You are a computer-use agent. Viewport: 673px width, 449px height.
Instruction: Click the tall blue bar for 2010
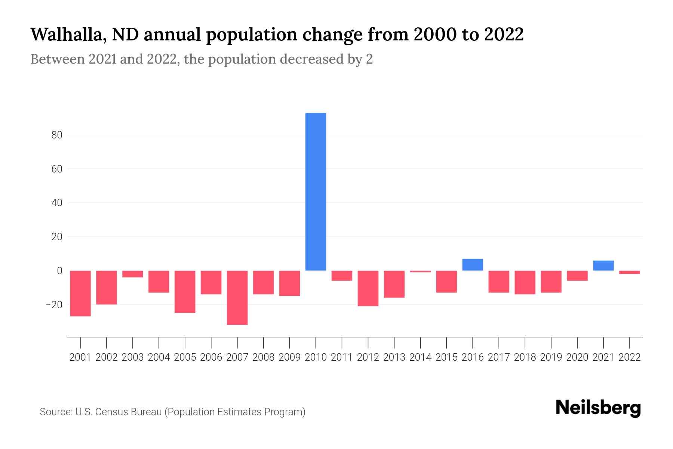pyautogui.click(x=316, y=192)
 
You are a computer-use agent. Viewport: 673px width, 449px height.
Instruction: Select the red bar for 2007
pyautogui.click(x=237, y=297)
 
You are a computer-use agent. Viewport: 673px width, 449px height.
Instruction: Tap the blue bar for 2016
pyautogui.click(x=473, y=265)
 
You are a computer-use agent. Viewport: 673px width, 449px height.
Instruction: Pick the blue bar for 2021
pyautogui.click(x=603, y=266)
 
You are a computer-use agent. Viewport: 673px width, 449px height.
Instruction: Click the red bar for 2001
pyautogui.click(x=80, y=293)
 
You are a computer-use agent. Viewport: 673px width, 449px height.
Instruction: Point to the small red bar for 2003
pyautogui.click(x=133, y=274)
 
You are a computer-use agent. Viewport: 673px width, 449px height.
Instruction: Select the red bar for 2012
pyautogui.click(x=368, y=288)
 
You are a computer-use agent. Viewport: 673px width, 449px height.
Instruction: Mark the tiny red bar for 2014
pyautogui.click(x=420, y=271)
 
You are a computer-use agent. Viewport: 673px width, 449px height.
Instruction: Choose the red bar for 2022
pyautogui.click(x=629, y=272)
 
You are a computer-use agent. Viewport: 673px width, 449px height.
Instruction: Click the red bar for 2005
pyautogui.click(x=185, y=291)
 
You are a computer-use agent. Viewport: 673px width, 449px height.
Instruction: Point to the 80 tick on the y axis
pyautogui.click(x=57, y=135)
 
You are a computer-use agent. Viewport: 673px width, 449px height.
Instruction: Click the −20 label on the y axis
pyautogui.click(x=54, y=305)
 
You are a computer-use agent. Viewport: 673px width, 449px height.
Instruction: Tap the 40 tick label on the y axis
pyautogui.click(x=57, y=203)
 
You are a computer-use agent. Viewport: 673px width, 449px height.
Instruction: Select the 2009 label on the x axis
pyautogui.click(x=289, y=357)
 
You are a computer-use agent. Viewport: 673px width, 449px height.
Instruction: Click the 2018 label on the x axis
pyautogui.click(x=525, y=357)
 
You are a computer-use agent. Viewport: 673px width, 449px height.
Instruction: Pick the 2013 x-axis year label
pyautogui.click(x=394, y=357)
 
